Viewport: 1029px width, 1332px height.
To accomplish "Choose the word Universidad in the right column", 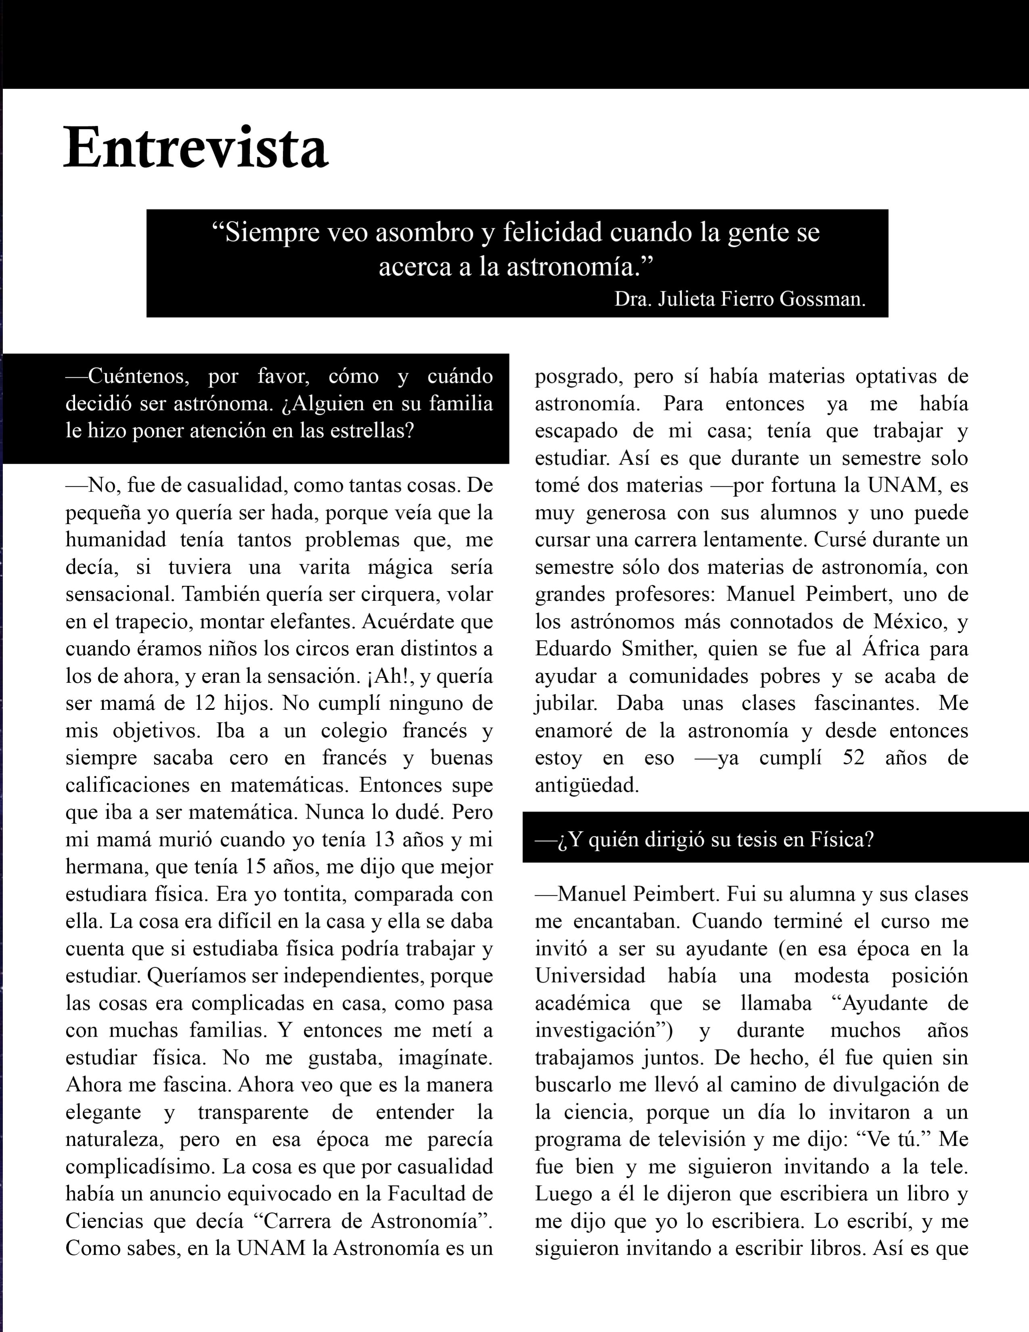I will tap(590, 976).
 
